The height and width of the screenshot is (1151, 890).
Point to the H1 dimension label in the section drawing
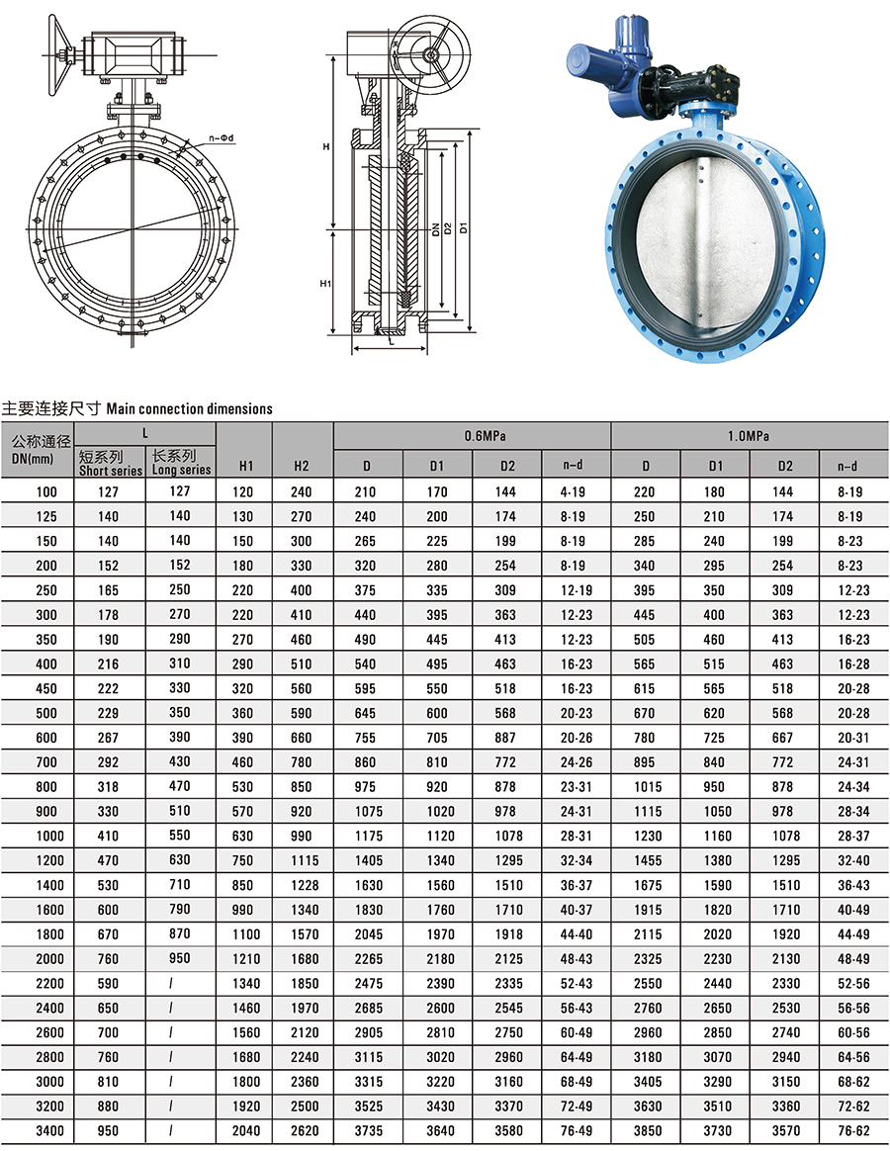[325, 283]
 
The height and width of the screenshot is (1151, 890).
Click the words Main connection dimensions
[189, 407]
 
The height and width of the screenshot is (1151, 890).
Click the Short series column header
[111, 463]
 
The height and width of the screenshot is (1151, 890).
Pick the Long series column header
[181, 463]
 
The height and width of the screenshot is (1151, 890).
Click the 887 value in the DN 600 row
[506, 738]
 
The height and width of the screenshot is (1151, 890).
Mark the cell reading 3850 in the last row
[645, 1130]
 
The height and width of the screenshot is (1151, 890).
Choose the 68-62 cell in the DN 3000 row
[852, 1081]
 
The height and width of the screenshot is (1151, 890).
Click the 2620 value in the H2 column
[302, 1130]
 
